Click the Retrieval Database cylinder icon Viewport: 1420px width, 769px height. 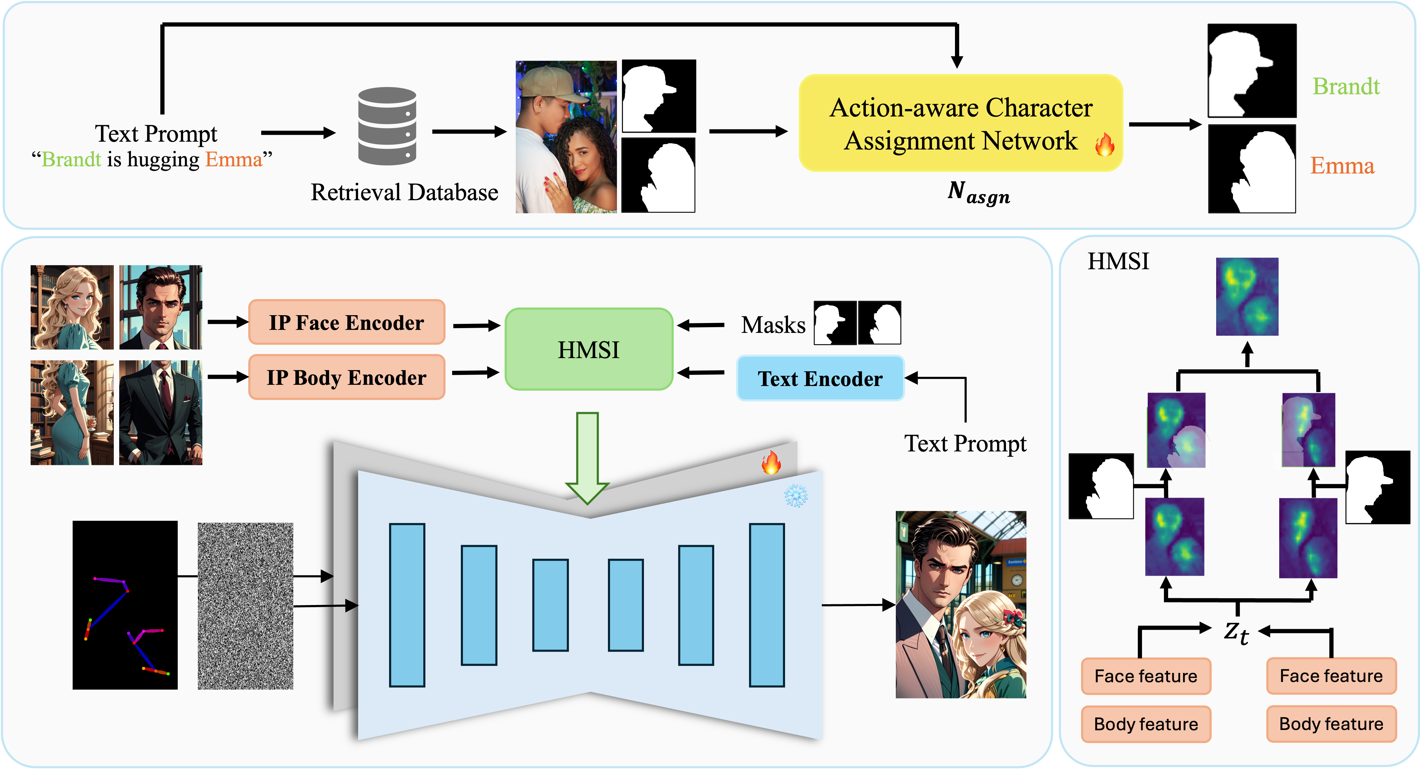pyautogui.click(x=387, y=126)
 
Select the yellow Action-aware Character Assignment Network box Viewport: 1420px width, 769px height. pyautogui.click(x=960, y=123)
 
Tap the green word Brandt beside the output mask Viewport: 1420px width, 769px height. pyautogui.click(x=1346, y=86)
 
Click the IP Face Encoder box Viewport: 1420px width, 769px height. pyautogui.click(x=346, y=322)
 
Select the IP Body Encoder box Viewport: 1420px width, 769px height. pyautogui.click(x=346, y=378)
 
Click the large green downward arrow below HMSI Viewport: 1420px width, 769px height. pyautogui.click(x=587, y=457)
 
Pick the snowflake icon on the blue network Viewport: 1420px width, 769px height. pyautogui.click(x=796, y=496)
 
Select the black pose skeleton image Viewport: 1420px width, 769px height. pyautogui.click(x=125, y=605)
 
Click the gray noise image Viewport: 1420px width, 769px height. pyautogui.click(x=245, y=606)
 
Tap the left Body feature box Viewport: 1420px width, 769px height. pyautogui.click(x=1146, y=724)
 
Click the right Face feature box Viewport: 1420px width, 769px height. pyautogui.click(x=1331, y=676)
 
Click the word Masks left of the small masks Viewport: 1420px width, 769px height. pyautogui.click(x=773, y=325)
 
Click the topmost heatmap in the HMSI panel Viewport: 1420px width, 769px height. pyautogui.click(x=1247, y=297)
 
